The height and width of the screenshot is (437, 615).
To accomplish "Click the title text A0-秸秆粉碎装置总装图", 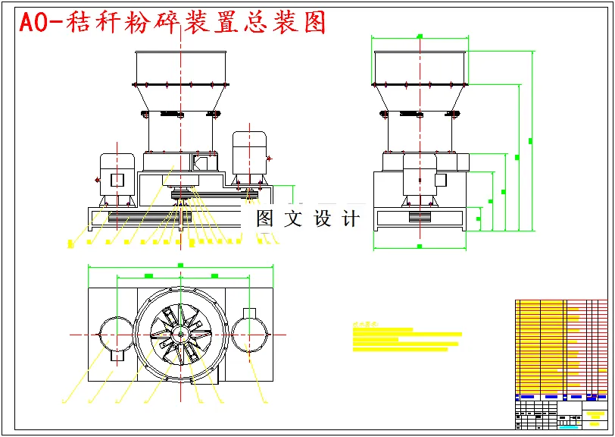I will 173,23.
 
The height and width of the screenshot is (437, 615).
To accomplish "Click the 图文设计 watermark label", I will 307,218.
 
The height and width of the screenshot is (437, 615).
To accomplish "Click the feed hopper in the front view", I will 180,68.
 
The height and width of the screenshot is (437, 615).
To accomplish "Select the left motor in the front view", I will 117,178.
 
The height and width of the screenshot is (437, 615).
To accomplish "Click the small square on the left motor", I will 117,180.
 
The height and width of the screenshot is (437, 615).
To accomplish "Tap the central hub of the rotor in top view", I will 180,334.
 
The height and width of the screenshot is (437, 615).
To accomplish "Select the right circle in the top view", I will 249,334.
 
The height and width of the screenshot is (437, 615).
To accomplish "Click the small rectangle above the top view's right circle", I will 249,313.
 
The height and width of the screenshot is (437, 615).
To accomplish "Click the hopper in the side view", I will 420,68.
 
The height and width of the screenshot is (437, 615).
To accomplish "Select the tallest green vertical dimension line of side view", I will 531,141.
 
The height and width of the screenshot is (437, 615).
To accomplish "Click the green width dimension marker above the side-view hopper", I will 420,35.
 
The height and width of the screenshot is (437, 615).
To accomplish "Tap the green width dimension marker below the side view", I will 420,247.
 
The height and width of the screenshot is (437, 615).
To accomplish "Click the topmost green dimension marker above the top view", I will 180,266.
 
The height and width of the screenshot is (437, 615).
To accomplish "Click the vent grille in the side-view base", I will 419,216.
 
